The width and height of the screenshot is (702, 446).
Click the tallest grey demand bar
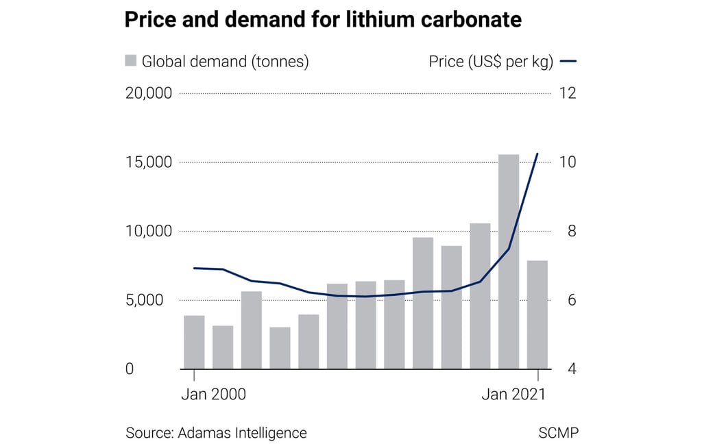509,262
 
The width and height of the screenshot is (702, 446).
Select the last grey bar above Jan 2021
537,314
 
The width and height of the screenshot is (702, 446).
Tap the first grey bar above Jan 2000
194,342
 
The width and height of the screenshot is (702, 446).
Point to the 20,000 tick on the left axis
148,93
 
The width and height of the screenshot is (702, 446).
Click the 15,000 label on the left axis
148,162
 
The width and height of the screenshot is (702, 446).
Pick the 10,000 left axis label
148,231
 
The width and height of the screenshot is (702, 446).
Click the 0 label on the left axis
129,369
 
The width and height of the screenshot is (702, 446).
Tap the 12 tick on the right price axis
568,93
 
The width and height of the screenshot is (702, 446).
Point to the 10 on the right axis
568,162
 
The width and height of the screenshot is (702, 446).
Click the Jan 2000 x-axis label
213,395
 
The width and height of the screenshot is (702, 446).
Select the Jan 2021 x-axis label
513,395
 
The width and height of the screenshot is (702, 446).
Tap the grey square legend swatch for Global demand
131,60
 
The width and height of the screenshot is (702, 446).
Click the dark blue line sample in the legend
568,61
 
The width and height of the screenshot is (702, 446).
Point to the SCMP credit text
559,433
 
